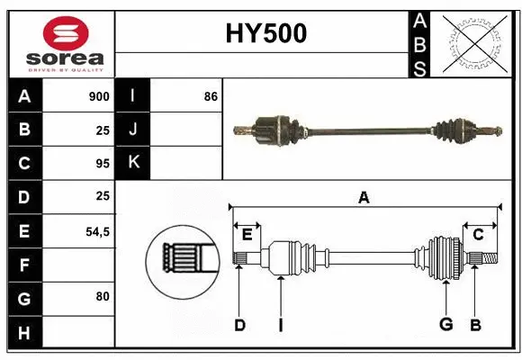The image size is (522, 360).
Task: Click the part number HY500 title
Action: point(265,33)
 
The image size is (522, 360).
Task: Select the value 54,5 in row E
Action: point(97,231)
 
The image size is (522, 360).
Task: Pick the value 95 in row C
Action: point(103,164)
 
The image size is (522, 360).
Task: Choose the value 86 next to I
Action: point(211,96)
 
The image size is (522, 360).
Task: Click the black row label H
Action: point(24,333)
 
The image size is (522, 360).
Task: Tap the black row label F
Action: point(24,265)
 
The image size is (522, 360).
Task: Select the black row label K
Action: point(133,163)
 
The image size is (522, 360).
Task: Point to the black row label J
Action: point(133,130)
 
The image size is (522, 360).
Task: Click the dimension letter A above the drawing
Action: point(364,198)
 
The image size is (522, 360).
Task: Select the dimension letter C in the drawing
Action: point(478,235)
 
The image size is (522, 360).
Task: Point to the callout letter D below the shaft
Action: point(239,325)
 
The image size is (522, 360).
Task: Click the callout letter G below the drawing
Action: point(445,325)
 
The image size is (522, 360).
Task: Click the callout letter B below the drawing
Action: point(475,325)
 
